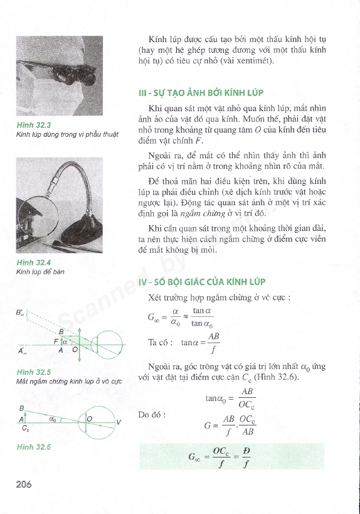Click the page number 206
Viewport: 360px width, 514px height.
(x=24, y=484)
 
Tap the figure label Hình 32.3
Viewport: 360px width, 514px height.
(x=34, y=125)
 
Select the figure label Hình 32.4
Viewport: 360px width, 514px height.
(x=34, y=262)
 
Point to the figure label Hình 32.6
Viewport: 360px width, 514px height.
(x=34, y=447)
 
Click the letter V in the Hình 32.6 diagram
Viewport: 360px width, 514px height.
(x=119, y=422)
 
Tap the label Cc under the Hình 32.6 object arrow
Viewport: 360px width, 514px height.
(x=26, y=428)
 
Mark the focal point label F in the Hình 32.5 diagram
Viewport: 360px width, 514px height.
(x=56, y=341)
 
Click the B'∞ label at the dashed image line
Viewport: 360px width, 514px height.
(x=20, y=313)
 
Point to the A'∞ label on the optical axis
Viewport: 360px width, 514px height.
(x=23, y=351)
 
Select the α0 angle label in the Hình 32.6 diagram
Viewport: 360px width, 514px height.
(x=53, y=419)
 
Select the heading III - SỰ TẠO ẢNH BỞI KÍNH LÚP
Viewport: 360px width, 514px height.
(x=201, y=93)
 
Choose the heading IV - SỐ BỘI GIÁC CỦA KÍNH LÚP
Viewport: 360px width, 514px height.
(x=202, y=282)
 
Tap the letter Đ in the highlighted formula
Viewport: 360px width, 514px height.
(x=246, y=451)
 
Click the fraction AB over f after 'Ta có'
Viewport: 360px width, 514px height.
(x=214, y=343)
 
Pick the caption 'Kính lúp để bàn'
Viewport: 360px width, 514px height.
(x=40, y=272)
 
